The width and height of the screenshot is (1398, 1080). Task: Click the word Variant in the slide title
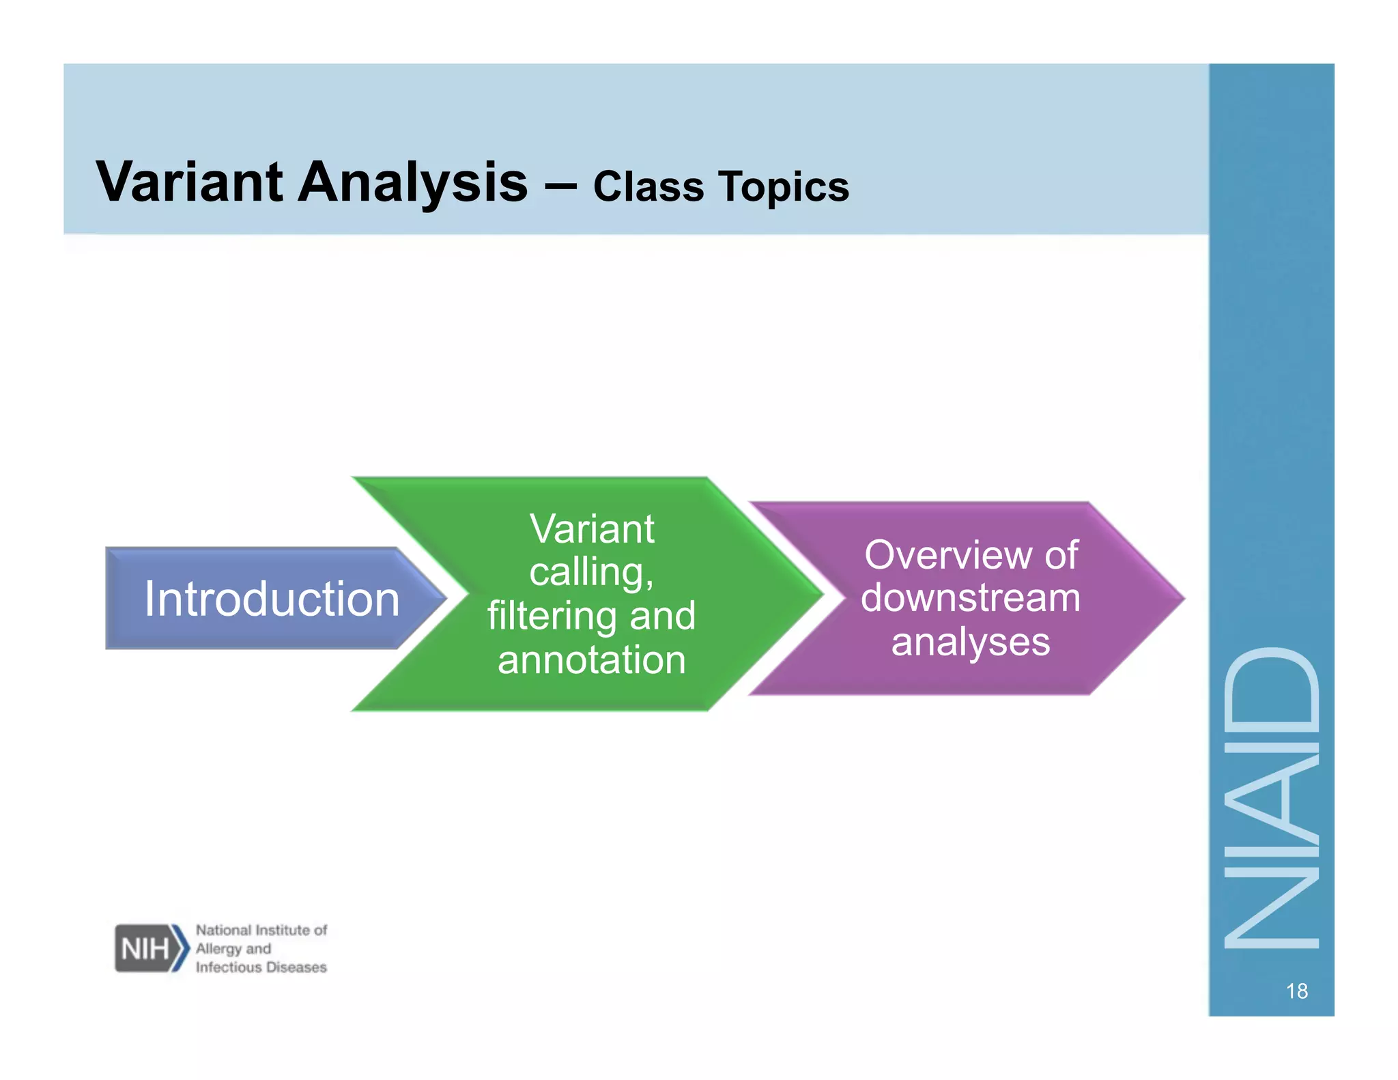[x=189, y=182]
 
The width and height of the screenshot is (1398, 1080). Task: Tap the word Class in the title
[x=648, y=186]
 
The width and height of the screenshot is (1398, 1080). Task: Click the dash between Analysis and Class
[x=560, y=184]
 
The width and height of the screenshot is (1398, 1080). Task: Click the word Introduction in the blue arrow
[x=271, y=599]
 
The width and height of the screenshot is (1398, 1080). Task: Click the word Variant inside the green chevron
[x=592, y=529]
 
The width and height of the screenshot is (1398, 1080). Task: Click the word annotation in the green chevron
[x=592, y=659]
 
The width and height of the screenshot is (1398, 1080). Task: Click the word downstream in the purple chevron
[x=970, y=598]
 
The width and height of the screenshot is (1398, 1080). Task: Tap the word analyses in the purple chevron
[x=970, y=642]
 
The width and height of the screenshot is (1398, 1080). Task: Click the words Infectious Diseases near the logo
[x=261, y=967]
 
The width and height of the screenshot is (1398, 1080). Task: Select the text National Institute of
[x=261, y=930]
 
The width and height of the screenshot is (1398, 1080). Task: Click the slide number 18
[x=1296, y=991]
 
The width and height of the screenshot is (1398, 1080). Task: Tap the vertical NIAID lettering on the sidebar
[x=1271, y=799]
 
